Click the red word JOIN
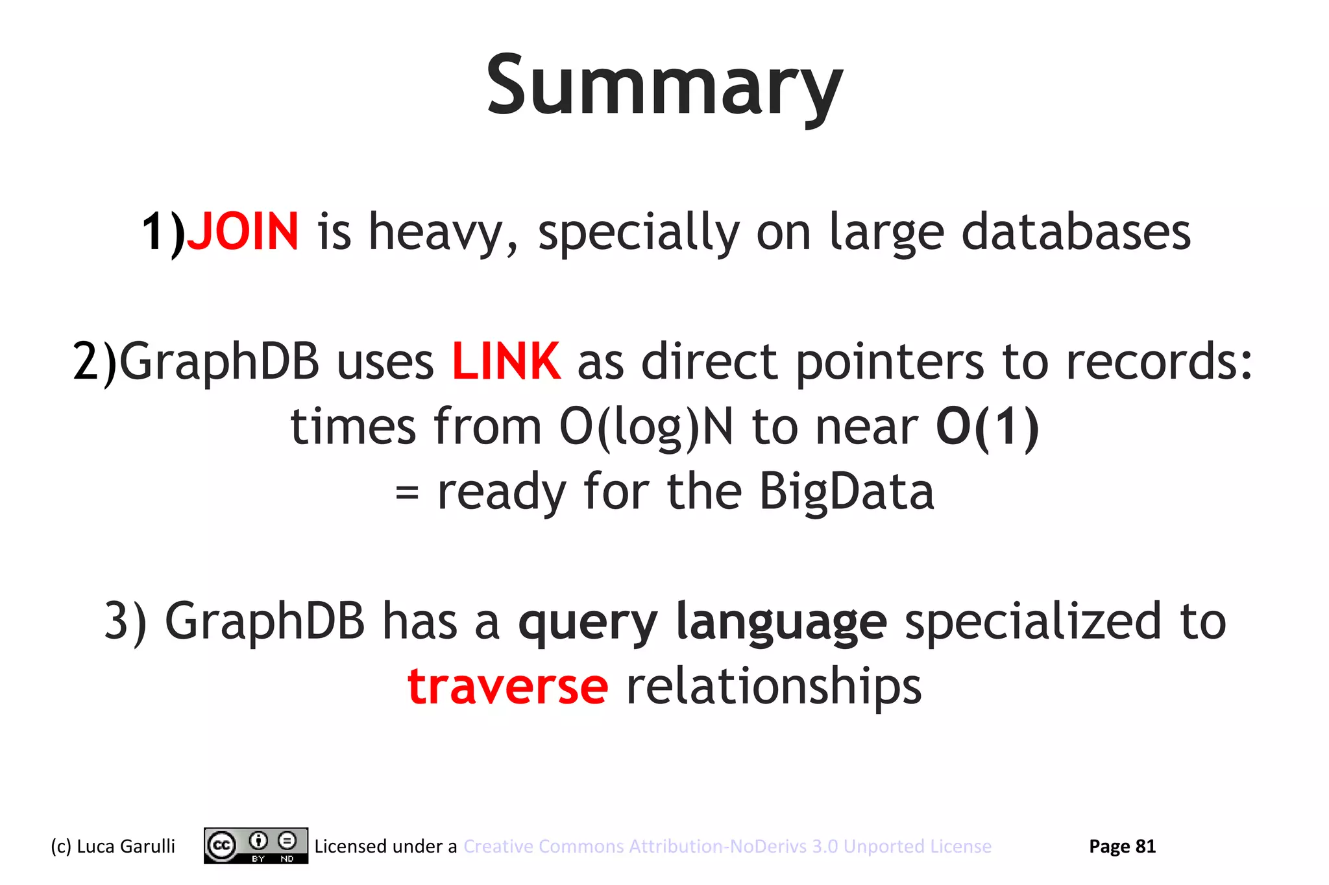point(243,232)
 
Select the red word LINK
point(506,362)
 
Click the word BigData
point(846,491)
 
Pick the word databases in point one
point(1075,232)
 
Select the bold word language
point(781,621)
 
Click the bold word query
point(588,622)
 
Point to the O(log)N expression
point(646,428)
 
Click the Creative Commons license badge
point(256,845)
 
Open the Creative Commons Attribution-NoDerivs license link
point(727,846)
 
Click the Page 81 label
point(1122,846)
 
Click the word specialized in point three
point(1032,621)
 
